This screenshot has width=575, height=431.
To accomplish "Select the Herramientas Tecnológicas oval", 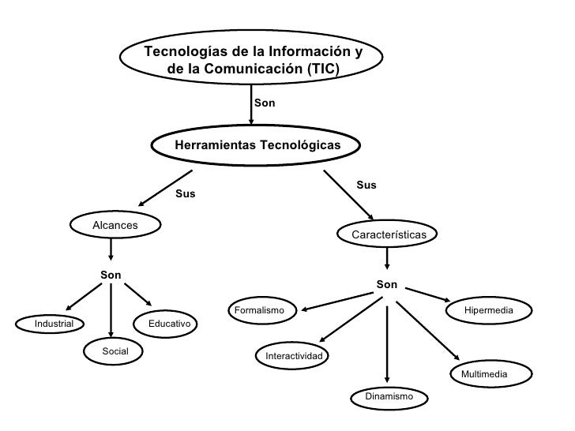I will click(x=257, y=145).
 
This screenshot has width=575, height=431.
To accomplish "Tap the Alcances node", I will click(x=115, y=226).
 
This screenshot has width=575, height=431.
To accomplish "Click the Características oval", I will click(x=388, y=234).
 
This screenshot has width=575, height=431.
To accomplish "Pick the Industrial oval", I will click(x=54, y=323).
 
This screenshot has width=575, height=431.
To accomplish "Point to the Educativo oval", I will click(x=167, y=323).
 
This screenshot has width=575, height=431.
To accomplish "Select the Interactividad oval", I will click(x=294, y=357).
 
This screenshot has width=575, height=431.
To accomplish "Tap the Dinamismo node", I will click(x=389, y=395).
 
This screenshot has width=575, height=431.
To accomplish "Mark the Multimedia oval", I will click(x=484, y=373).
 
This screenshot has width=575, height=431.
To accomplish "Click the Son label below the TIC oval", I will click(x=265, y=103).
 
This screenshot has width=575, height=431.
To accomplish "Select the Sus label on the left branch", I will click(x=185, y=193).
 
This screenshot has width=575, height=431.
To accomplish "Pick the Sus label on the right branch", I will click(x=366, y=186).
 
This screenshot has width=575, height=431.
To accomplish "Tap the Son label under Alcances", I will click(x=111, y=275).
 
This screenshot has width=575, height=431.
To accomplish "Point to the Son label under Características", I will click(x=387, y=284).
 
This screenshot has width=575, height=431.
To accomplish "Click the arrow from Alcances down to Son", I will click(x=111, y=249).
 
